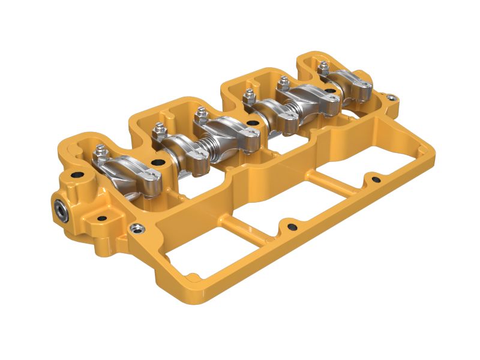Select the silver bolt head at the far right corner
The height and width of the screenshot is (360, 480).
click(x=391, y=95)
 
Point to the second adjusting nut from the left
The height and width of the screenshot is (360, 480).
click(x=159, y=129)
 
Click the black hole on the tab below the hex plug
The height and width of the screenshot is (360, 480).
click(x=101, y=218)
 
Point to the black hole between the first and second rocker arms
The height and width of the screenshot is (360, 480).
click(x=157, y=162)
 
